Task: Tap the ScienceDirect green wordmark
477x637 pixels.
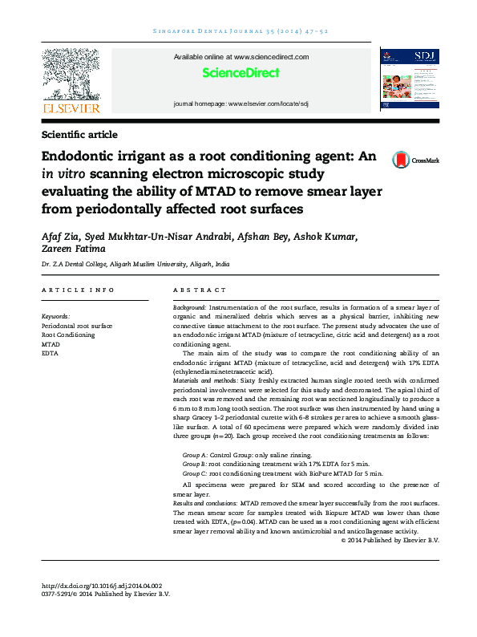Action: (241, 73)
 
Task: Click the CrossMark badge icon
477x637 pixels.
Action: (399, 160)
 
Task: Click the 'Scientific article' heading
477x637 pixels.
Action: (79, 135)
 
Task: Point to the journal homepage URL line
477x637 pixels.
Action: (241, 105)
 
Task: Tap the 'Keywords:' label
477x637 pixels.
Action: (55, 316)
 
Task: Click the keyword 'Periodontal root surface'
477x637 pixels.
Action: (77, 326)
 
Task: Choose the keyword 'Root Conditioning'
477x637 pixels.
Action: (67, 335)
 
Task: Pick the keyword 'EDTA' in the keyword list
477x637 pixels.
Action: (49, 352)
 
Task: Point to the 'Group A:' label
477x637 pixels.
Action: (195, 454)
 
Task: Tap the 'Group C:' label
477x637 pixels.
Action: (195, 473)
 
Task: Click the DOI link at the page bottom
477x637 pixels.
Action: (101, 586)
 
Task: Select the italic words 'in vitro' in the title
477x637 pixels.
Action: (59, 174)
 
